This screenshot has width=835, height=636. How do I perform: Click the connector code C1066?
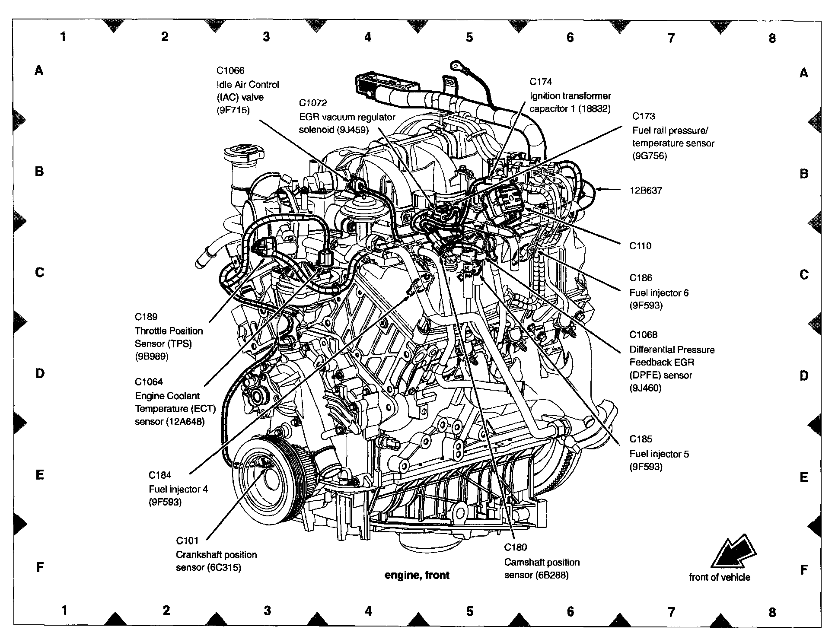point(230,71)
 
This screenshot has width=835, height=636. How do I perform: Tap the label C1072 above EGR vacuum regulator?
point(313,103)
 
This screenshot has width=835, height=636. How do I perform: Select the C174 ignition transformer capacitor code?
point(541,82)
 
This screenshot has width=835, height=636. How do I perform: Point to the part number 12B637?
point(646,191)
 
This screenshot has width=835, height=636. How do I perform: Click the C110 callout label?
point(640,246)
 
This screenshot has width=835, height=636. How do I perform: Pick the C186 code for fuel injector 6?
point(641,278)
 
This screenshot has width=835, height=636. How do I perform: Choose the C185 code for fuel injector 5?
point(641,439)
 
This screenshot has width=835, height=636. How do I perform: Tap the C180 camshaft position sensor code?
point(516,547)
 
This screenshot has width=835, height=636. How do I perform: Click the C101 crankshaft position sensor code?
point(187,541)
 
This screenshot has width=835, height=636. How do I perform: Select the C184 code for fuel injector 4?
point(160,475)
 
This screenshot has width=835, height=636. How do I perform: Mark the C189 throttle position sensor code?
point(146,317)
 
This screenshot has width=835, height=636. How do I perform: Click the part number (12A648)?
point(185,422)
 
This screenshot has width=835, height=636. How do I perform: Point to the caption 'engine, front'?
point(417,575)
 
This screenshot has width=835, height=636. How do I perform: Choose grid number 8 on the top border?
point(772,38)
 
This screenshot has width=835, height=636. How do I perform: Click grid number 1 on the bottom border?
point(64,611)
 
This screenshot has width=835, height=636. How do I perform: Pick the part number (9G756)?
point(650,156)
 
